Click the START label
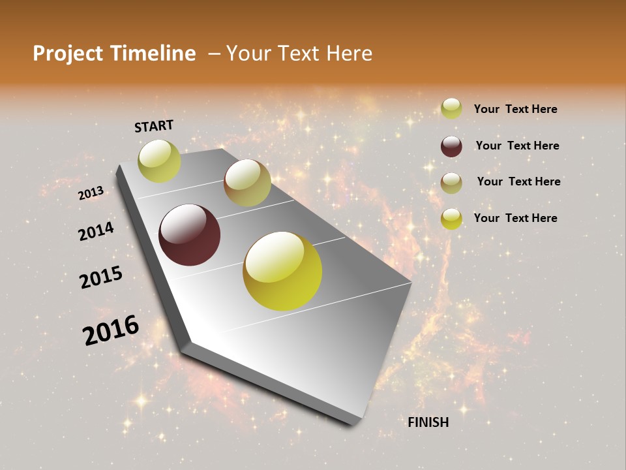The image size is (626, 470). click(x=154, y=126)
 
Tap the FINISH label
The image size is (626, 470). click(x=428, y=422)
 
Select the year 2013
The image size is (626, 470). click(x=91, y=193)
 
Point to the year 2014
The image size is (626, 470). click(x=96, y=231)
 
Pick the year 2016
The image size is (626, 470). click(x=111, y=330)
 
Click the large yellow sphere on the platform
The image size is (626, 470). click(x=282, y=271)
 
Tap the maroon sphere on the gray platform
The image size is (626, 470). click(x=189, y=235)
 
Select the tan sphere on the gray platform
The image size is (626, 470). click(x=247, y=183)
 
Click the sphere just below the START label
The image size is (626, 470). click(x=159, y=161)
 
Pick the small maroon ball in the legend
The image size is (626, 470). click(x=451, y=146)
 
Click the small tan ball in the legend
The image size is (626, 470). click(x=451, y=183)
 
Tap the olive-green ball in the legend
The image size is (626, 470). click(x=451, y=109)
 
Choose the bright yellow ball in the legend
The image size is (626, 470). click(x=451, y=219)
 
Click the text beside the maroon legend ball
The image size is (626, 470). click(x=517, y=146)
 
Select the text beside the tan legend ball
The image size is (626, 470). click(x=518, y=181)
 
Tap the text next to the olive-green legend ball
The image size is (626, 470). click(x=515, y=109)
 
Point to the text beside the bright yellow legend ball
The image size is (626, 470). click(x=515, y=218)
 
